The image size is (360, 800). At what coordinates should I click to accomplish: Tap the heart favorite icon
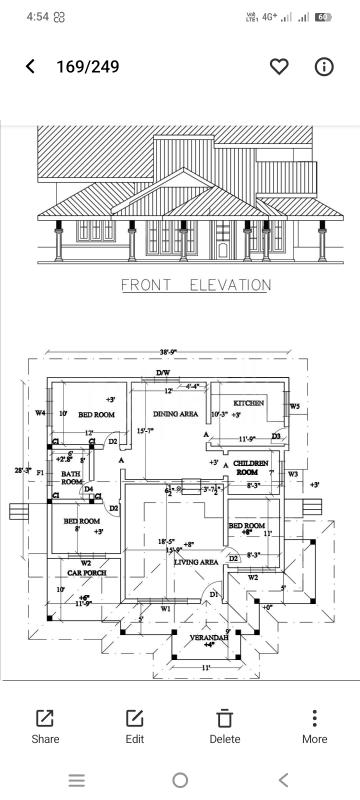pyautogui.click(x=279, y=66)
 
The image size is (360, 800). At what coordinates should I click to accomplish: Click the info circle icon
pyautogui.click(x=324, y=66)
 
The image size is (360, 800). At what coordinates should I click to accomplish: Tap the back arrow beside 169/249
pyautogui.click(x=30, y=66)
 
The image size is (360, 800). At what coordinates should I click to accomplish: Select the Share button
pyautogui.click(x=45, y=726)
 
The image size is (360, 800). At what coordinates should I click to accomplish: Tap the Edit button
pyautogui.click(x=134, y=726)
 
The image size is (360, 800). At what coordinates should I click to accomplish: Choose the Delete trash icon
pyautogui.click(x=225, y=726)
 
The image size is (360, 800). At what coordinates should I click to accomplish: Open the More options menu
pyautogui.click(x=314, y=726)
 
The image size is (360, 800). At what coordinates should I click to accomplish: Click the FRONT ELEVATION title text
pyautogui.click(x=195, y=285)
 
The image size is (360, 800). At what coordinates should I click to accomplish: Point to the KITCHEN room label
pyautogui.click(x=248, y=402)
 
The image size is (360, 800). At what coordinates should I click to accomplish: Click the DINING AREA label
pyautogui.click(x=175, y=413)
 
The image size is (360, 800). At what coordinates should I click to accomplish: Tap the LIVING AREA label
pyautogui.click(x=196, y=563)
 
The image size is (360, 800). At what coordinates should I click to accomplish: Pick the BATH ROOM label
pyautogui.click(x=71, y=478)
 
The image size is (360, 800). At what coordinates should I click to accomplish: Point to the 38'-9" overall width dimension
pyautogui.click(x=168, y=353)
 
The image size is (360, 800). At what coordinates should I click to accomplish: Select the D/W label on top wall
pyautogui.click(x=163, y=373)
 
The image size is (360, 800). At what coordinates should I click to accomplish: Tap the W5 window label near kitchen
pyautogui.click(x=294, y=407)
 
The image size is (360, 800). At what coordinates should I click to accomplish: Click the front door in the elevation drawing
pyautogui.click(x=222, y=240)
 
